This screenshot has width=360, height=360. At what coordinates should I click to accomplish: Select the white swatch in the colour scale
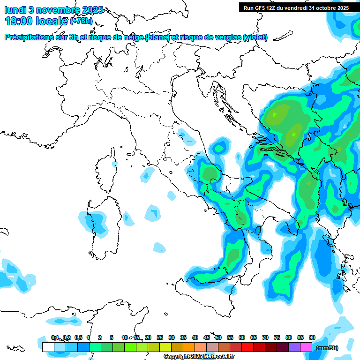point(48,347)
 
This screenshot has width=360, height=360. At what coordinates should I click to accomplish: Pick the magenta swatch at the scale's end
point(306,347)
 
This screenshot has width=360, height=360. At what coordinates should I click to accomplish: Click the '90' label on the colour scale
point(312,338)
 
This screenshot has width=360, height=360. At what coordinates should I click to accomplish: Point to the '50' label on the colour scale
point(218,338)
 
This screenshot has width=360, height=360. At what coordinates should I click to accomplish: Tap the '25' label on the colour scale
point(160,338)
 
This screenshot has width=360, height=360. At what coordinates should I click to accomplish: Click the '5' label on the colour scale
point(112,338)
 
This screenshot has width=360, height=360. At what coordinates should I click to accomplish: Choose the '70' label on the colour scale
point(265,338)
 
